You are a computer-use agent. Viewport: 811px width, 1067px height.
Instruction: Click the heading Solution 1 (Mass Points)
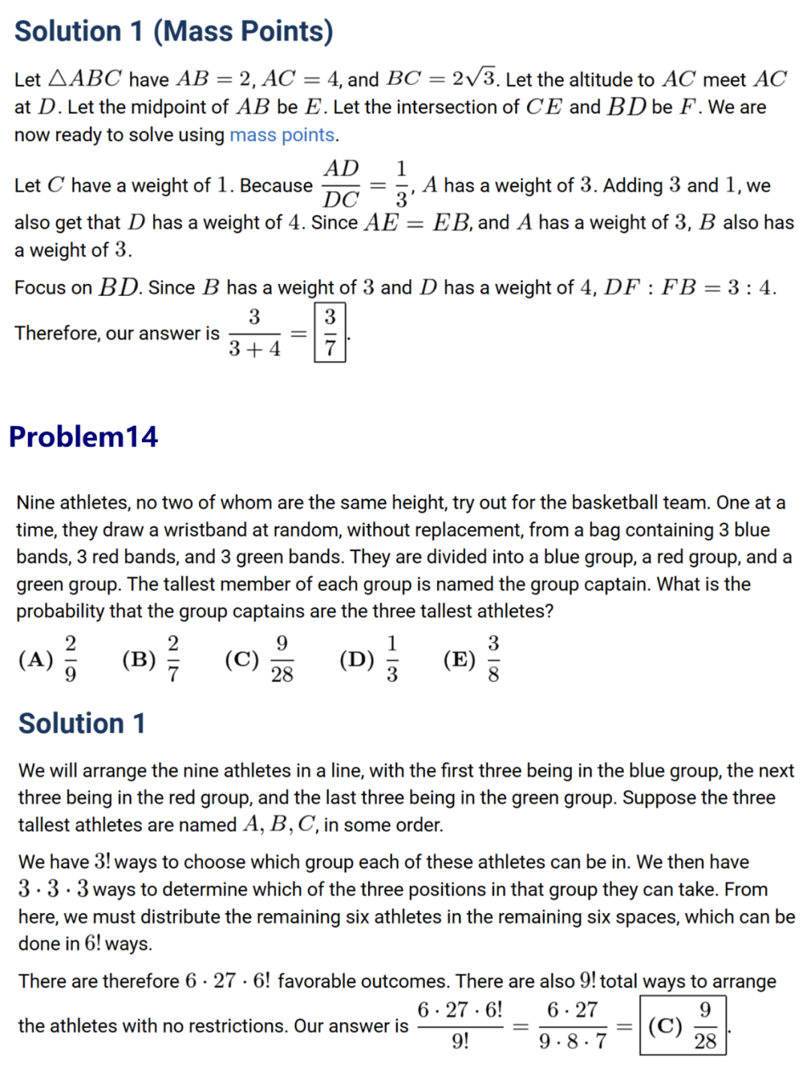(173, 32)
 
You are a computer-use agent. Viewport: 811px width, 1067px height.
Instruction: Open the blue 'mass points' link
(282, 135)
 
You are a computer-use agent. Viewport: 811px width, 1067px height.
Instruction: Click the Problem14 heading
(83, 436)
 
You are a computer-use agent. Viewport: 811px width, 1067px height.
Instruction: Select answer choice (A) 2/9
(48, 659)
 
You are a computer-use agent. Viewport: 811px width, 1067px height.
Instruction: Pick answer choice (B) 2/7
(151, 659)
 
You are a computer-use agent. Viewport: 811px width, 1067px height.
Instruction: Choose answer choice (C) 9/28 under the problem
(259, 659)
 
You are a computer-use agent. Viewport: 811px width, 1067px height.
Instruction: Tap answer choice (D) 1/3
(369, 659)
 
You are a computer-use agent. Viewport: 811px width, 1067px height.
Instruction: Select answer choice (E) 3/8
(472, 659)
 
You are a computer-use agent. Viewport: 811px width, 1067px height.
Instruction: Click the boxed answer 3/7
(330, 333)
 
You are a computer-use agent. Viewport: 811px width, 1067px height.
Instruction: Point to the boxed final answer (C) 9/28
(683, 1026)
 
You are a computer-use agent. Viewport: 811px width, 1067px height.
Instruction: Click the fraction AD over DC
(341, 184)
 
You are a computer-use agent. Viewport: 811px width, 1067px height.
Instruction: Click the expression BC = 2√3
(442, 79)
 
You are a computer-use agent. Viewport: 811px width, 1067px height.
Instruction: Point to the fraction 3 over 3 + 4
(255, 333)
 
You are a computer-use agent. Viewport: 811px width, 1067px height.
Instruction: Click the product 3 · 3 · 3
(53, 889)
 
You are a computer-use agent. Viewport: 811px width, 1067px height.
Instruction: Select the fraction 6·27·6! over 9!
(460, 1026)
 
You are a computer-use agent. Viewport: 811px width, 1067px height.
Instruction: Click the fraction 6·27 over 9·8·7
(572, 1026)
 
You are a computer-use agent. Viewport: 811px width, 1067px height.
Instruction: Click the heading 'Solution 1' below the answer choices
(82, 723)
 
